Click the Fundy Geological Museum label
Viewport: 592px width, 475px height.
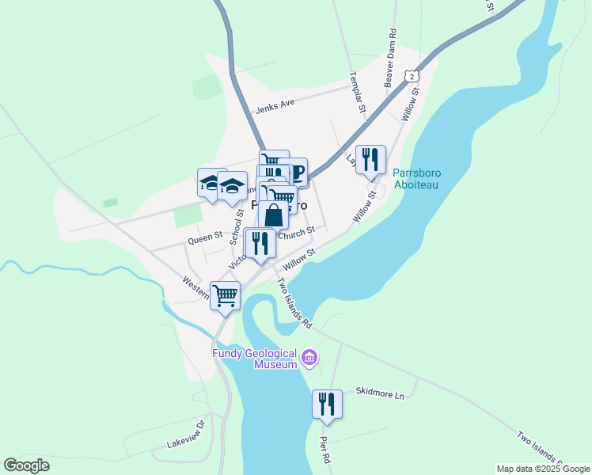click(x=253, y=359)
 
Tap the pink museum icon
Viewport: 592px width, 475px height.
click(x=309, y=359)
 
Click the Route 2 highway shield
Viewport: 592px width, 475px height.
click(x=410, y=75)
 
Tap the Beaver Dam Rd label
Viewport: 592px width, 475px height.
click(x=390, y=59)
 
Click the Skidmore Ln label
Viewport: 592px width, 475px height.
click(x=380, y=391)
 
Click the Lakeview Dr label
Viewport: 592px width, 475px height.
click(x=187, y=435)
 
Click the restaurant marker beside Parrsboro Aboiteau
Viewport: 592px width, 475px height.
click(x=370, y=160)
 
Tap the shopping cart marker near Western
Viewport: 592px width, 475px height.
click(x=226, y=295)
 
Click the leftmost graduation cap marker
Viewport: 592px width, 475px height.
click(x=211, y=184)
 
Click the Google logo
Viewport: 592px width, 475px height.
click(x=27, y=465)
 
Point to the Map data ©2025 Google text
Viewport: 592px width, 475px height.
click(x=543, y=469)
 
